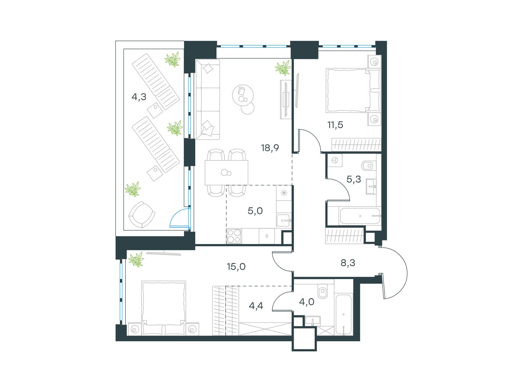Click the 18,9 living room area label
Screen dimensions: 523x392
[x=270, y=148]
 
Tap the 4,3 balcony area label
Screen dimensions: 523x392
[x=139, y=97]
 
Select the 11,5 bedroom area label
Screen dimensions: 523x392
[x=335, y=125]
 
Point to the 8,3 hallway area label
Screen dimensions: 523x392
[x=348, y=263]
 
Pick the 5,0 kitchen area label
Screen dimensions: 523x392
[x=255, y=211]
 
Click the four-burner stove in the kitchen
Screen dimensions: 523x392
[x=234, y=236]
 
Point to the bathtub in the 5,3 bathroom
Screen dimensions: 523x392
[x=360, y=216]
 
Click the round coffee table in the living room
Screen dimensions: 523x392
[x=243, y=95]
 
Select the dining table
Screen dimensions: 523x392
[x=227, y=173]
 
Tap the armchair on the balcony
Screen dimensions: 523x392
[x=142, y=215]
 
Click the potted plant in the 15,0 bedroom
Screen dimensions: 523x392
[x=136, y=259]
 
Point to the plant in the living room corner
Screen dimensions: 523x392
[x=283, y=68]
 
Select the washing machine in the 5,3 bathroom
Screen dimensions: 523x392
[x=335, y=160]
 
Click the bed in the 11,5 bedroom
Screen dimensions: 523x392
[x=353, y=90]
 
